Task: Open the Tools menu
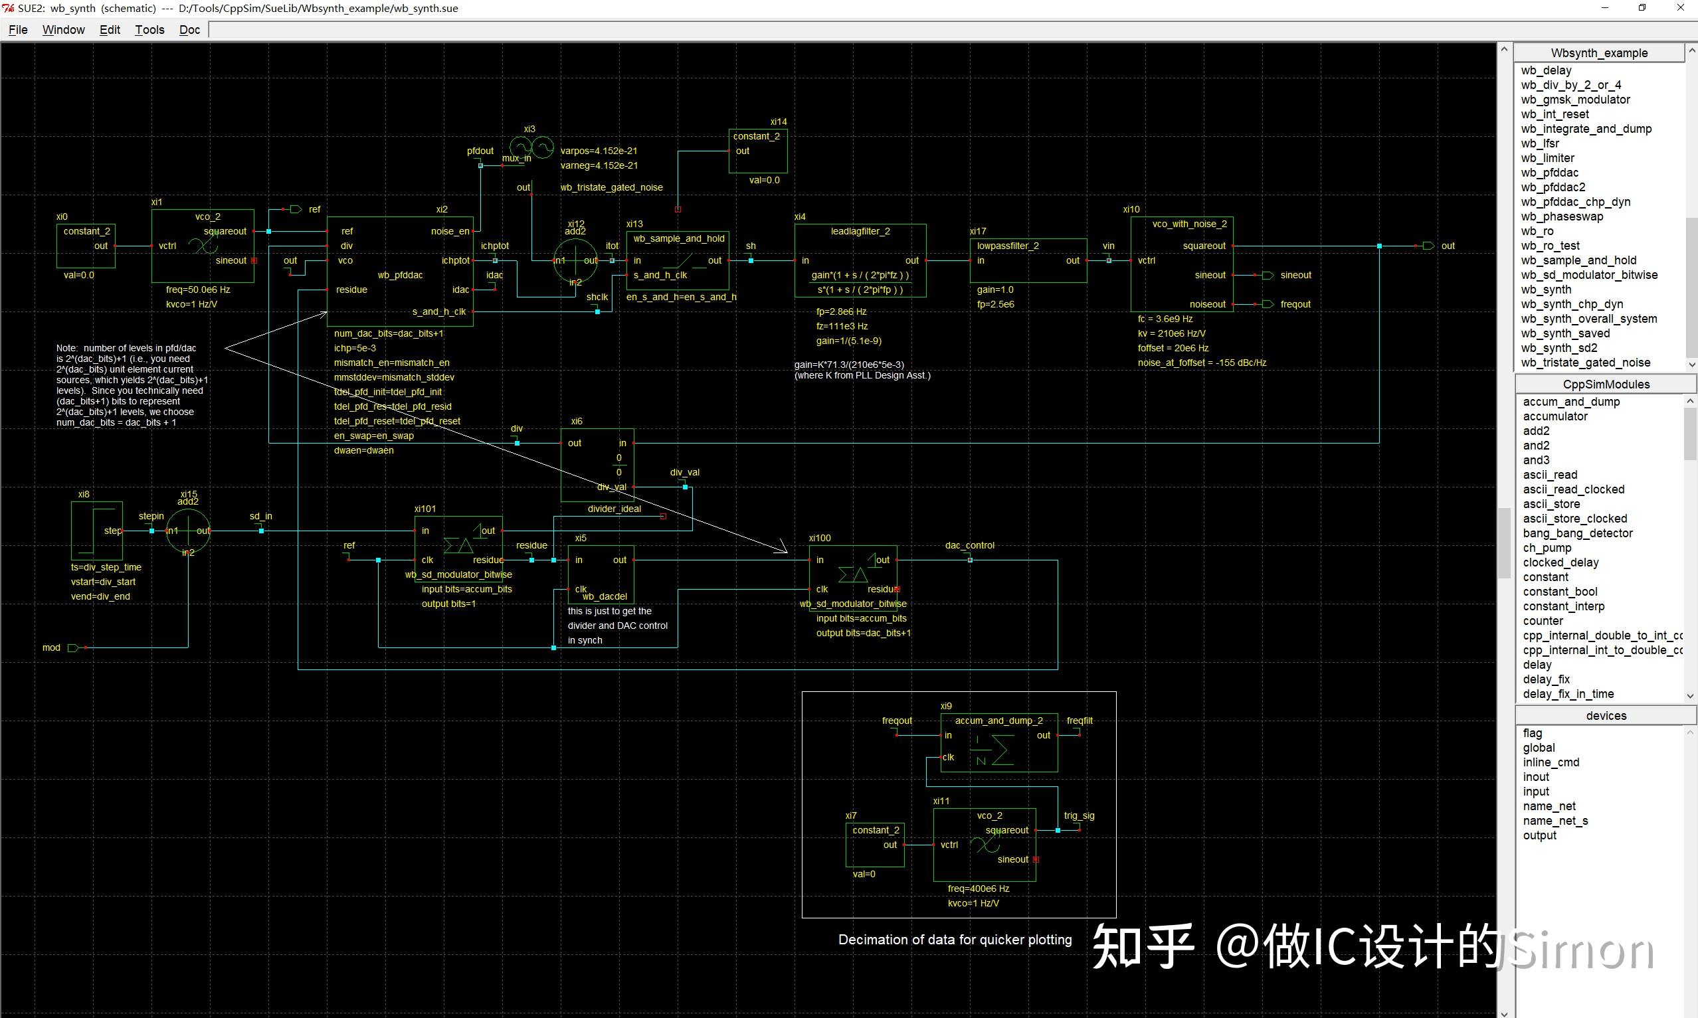(x=149, y=29)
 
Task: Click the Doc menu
(x=189, y=29)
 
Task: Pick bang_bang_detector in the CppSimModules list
(x=1577, y=533)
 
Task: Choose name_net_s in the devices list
(x=1555, y=820)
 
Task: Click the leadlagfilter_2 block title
(x=860, y=231)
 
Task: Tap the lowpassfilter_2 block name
(x=1007, y=246)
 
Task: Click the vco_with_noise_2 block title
(x=1189, y=224)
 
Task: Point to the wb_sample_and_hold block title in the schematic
(x=678, y=238)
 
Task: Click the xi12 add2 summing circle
(x=575, y=261)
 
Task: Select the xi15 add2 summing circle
(x=188, y=531)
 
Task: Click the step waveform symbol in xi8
(x=96, y=531)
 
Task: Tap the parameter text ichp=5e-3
(x=355, y=348)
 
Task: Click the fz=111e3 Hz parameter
(x=841, y=326)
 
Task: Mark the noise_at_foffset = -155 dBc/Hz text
(x=1201, y=362)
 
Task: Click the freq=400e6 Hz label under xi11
(x=979, y=889)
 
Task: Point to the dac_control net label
(x=969, y=545)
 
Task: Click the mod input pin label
(x=51, y=647)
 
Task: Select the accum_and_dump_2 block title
(x=998, y=721)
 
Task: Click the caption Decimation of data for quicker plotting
(x=955, y=940)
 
